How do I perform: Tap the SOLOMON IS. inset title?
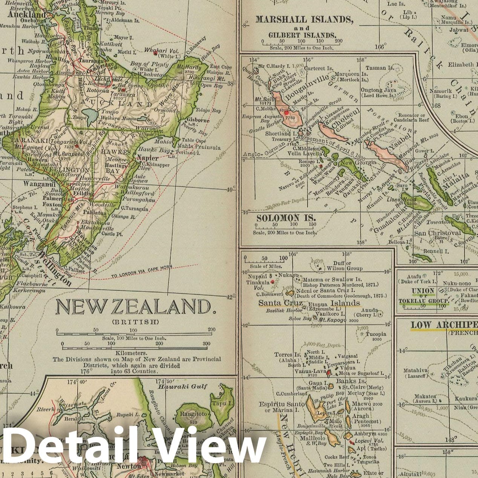pos(286,218)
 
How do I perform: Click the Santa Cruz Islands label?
pos(309,303)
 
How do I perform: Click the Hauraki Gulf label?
pos(183,386)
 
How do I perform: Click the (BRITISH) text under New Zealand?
pos(135,322)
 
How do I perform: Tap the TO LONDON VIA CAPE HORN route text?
pos(142,272)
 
